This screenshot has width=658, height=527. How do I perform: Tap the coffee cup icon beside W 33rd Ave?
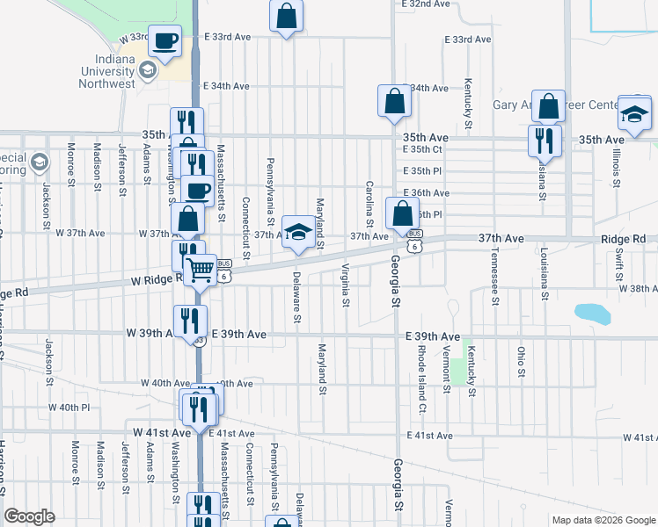[x=165, y=40]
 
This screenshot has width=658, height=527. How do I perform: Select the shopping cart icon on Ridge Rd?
[x=201, y=269]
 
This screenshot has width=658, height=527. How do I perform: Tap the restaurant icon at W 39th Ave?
[x=189, y=321]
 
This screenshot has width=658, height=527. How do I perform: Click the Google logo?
[x=29, y=516]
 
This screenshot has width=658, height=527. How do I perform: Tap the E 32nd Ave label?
[x=427, y=4]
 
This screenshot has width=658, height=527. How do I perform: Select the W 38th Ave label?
[x=638, y=288]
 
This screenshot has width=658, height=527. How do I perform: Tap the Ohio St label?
[x=521, y=362]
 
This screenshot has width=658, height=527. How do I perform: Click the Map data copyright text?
[x=603, y=520]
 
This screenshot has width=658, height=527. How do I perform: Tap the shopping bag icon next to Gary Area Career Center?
[x=548, y=106]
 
